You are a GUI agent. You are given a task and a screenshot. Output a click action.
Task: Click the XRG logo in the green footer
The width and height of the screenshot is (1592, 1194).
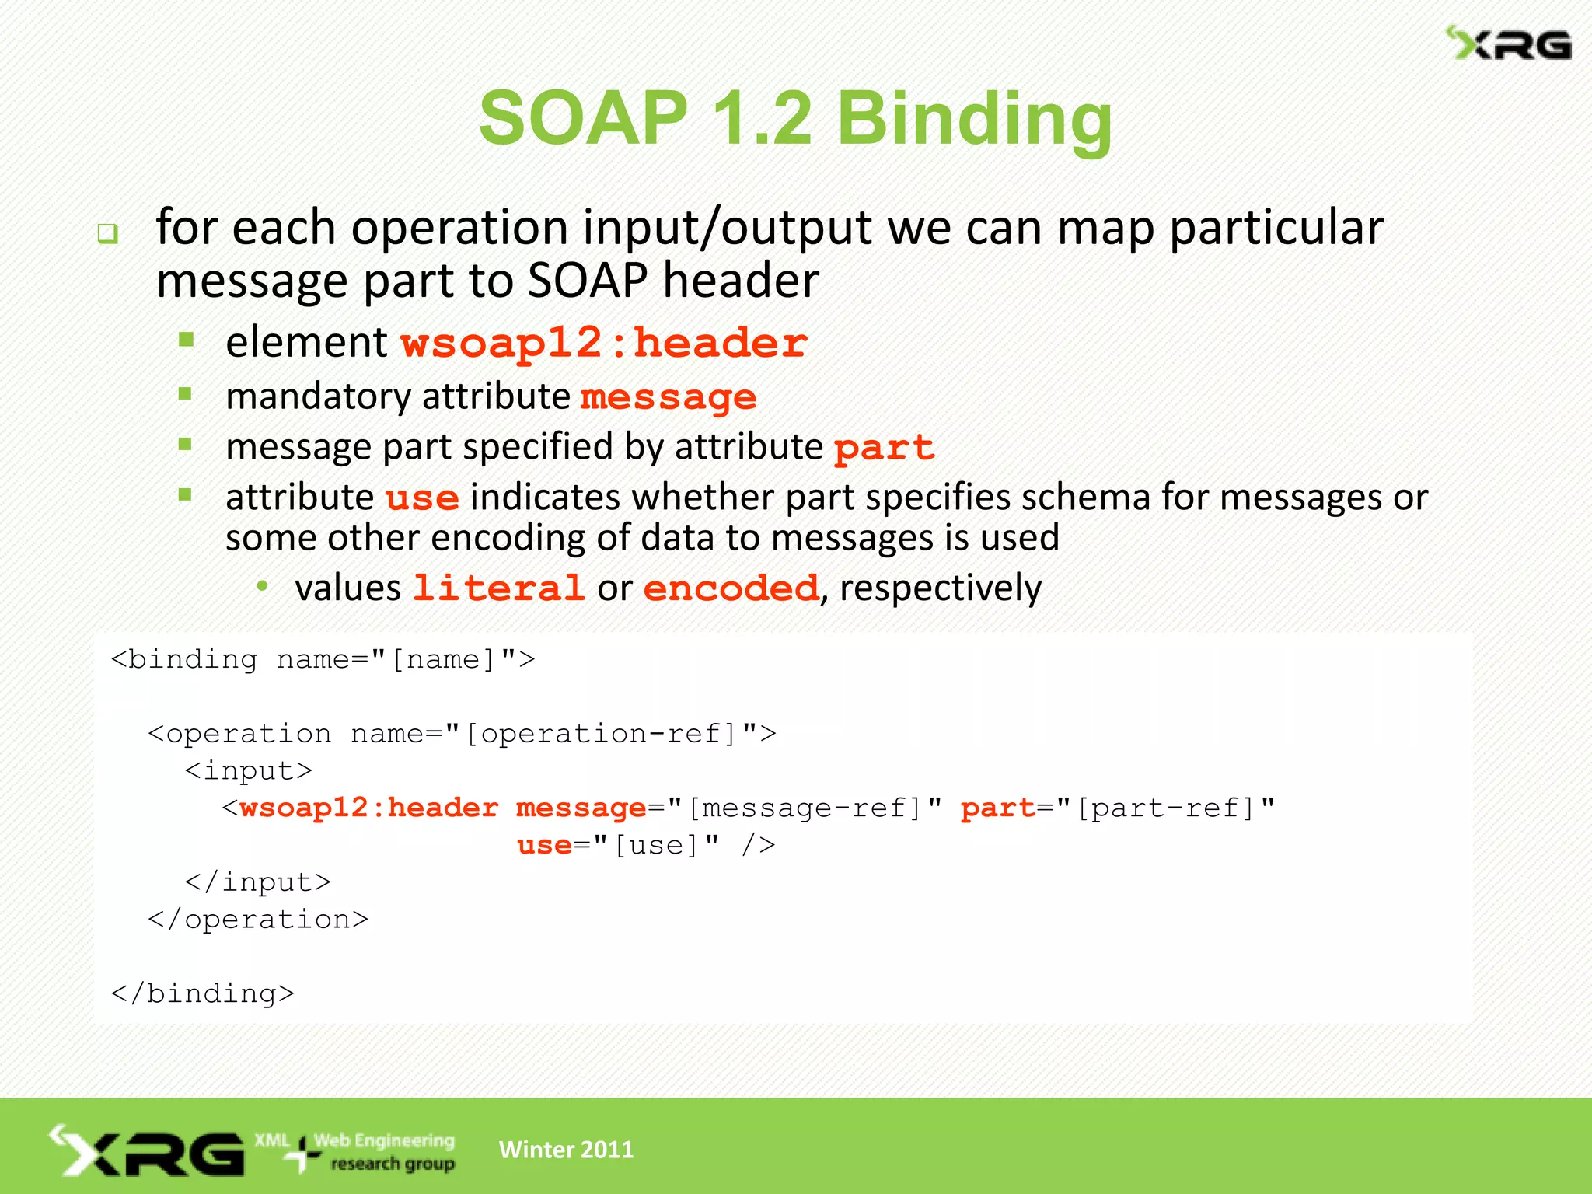(x=148, y=1151)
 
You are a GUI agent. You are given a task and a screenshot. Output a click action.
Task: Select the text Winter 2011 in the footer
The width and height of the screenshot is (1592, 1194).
(x=566, y=1150)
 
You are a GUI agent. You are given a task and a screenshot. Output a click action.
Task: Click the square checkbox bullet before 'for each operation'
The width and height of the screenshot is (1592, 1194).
(x=107, y=233)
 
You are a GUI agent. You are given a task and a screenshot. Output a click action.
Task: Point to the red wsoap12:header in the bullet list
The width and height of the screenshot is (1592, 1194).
(x=604, y=343)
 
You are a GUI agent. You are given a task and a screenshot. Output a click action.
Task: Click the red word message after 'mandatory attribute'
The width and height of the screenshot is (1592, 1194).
(x=668, y=397)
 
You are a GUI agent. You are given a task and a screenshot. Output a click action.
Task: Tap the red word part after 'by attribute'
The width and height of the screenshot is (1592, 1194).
(x=884, y=448)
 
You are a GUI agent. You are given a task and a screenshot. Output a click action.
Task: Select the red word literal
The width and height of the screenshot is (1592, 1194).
(x=498, y=588)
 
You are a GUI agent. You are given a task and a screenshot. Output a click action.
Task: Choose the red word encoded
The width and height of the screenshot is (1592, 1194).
(x=731, y=588)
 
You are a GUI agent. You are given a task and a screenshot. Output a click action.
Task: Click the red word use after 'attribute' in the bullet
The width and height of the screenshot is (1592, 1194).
(x=422, y=497)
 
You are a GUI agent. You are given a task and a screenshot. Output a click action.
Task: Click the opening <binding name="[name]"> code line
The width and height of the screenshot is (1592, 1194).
(x=323, y=659)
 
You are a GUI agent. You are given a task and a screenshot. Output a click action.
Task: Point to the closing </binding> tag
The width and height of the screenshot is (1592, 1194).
(x=202, y=993)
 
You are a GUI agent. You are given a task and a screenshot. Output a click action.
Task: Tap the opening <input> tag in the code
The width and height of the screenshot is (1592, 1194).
(x=249, y=770)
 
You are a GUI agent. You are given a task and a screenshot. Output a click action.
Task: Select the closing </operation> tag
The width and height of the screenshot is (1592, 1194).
(x=258, y=920)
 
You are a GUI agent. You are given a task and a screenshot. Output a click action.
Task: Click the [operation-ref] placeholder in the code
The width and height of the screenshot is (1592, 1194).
(x=601, y=733)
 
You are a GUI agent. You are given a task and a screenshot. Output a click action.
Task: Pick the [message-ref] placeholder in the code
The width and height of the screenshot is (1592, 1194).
(x=805, y=808)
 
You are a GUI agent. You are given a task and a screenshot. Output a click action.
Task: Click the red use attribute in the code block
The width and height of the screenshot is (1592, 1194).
(x=544, y=845)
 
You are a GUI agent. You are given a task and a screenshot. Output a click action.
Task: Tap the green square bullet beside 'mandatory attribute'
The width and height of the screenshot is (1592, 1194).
(x=185, y=394)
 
